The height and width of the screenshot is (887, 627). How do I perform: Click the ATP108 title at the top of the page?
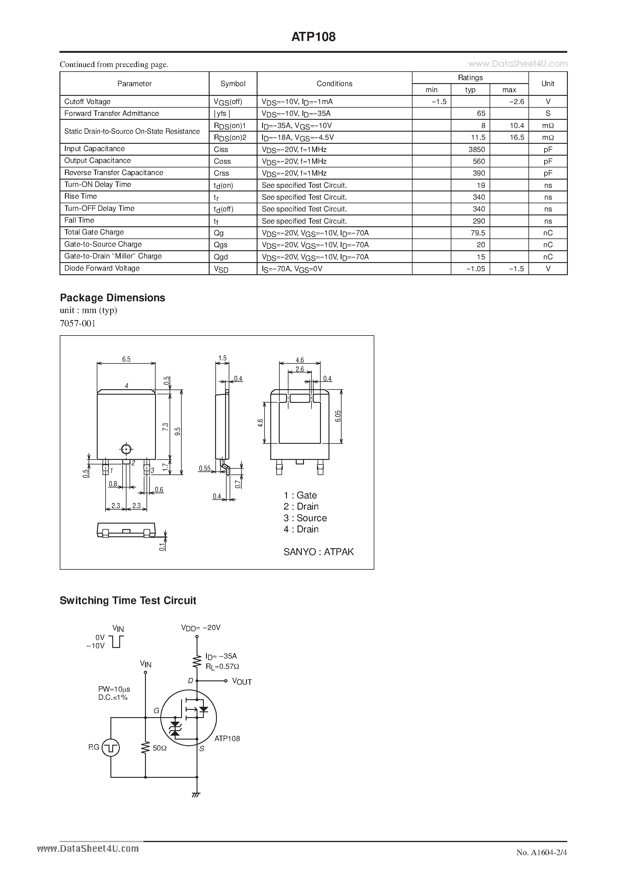(x=313, y=37)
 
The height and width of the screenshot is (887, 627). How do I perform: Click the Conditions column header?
(x=334, y=83)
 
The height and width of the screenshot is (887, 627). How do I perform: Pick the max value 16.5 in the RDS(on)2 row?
(x=517, y=137)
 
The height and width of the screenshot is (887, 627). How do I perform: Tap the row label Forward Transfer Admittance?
(x=111, y=113)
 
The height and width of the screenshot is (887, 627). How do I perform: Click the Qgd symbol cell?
(x=221, y=257)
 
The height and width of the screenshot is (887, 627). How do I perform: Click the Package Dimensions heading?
(x=113, y=298)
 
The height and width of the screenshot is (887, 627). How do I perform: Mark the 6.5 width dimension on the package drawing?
(x=126, y=359)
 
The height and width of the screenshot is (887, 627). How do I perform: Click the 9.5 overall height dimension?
(x=178, y=431)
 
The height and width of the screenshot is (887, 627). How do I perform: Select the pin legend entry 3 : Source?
(x=305, y=518)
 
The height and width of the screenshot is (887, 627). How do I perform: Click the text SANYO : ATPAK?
(x=318, y=552)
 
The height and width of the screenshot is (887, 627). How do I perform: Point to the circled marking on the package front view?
(x=126, y=449)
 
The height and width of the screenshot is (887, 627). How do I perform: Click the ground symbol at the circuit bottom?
(x=196, y=795)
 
